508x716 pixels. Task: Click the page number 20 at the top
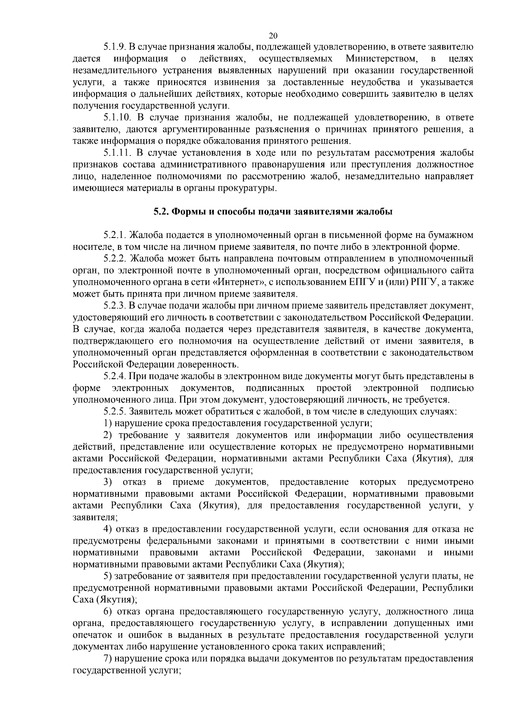(x=273, y=36)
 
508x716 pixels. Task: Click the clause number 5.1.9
(x=115, y=46)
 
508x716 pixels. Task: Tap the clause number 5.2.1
(x=115, y=235)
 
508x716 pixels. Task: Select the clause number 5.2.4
(x=115, y=376)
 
